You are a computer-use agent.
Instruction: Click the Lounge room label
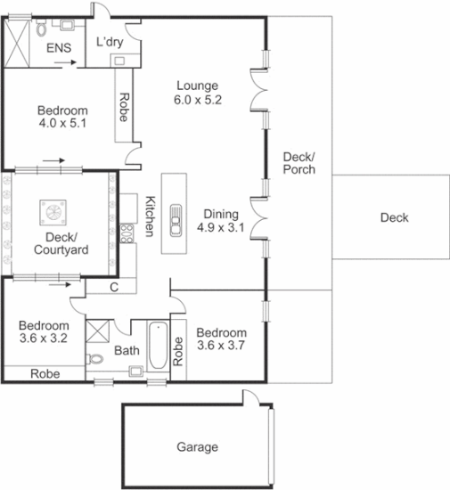(x=197, y=86)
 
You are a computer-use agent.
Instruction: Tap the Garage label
(x=197, y=447)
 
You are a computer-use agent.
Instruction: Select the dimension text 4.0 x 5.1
(x=61, y=124)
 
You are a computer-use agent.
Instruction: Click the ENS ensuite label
(x=59, y=47)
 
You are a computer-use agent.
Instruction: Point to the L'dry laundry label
(x=110, y=42)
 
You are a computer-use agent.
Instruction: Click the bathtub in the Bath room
(x=158, y=348)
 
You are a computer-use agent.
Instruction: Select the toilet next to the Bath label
(x=97, y=361)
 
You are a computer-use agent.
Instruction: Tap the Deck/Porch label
(x=299, y=163)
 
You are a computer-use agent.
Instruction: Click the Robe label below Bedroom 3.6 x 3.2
(x=45, y=374)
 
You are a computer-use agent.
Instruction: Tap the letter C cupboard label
(x=114, y=287)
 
